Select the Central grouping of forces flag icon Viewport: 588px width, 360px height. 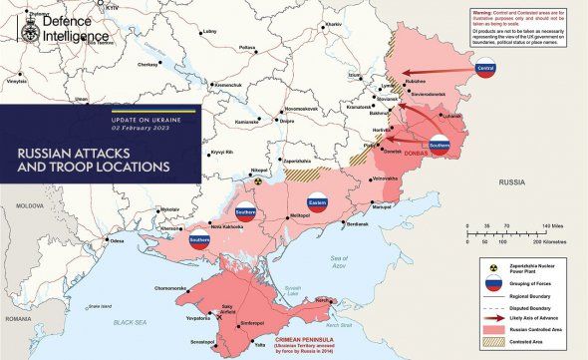(x=486, y=69)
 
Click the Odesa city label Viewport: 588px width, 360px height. (x=117, y=241)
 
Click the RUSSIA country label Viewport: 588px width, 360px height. (x=512, y=182)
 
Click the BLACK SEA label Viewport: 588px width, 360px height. (x=130, y=323)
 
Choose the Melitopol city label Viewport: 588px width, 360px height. (x=300, y=215)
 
